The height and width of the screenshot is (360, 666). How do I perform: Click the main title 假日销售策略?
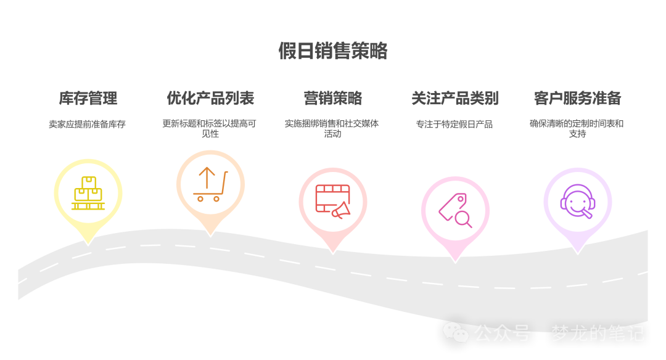[x=333, y=51]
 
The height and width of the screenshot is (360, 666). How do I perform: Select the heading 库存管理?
[x=88, y=98]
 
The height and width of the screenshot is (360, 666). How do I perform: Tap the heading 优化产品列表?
[x=210, y=98]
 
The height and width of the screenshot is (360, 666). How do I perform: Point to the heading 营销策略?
[x=332, y=98]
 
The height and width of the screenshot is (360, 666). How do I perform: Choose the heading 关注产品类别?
[x=455, y=98]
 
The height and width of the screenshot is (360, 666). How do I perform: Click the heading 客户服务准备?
[x=578, y=98]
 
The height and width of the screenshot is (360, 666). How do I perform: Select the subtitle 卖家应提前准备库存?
[x=87, y=124]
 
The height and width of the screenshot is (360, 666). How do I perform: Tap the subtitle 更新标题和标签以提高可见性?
[x=210, y=128]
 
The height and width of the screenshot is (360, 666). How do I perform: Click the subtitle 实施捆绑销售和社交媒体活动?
[x=332, y=128]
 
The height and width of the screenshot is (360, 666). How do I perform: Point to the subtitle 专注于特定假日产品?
[x=454, y=124]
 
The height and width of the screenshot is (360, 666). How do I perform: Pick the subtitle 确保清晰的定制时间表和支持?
[x=577, y=128]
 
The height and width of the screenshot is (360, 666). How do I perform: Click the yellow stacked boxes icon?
[x=88, y=193]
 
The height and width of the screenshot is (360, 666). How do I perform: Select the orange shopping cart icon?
[x=210, y=184]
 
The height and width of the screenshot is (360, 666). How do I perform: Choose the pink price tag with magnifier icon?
[x=455, y=211]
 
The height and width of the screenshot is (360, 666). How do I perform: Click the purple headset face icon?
[x=578, y=201]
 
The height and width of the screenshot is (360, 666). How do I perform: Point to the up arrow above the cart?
[x=207, y=178]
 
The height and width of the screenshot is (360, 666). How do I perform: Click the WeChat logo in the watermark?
[x=456, y=332]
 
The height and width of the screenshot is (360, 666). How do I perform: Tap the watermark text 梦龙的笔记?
[x=598, y=333]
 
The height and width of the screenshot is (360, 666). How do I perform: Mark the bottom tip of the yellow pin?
[x=88, y=245]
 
